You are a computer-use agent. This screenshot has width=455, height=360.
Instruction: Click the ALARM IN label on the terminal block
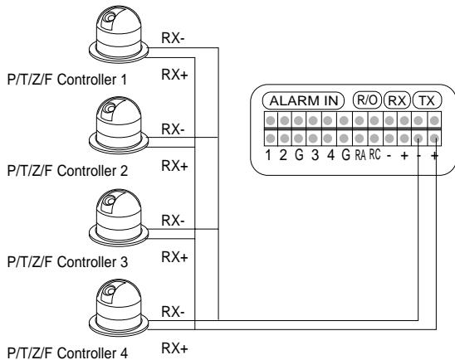click(303, 101)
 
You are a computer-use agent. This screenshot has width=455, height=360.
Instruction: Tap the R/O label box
click(367, 100)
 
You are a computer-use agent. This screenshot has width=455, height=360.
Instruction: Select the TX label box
click(427, 101)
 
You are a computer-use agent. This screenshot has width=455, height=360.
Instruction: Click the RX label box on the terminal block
click(397, 101)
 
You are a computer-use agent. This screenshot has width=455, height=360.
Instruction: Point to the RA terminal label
click(360, 155)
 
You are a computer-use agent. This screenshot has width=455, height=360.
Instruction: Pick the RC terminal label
click(374, 155)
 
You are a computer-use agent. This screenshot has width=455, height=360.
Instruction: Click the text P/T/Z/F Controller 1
click(67, 80)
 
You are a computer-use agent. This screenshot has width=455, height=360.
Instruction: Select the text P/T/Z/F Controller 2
click(67, 171)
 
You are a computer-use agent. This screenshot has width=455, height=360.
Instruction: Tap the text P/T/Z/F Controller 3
click(67, 262)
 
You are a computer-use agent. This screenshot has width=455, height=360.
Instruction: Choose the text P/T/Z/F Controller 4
click(67, 353)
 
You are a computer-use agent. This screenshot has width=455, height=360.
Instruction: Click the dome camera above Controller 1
click(119, 34)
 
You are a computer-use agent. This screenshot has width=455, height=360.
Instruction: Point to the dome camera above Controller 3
click(119, 217)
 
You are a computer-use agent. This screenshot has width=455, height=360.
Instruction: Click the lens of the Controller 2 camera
click(110, 109)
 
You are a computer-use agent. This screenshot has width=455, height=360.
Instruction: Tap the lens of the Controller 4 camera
click(110, 290)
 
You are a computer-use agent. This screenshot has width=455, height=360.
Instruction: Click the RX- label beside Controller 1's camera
click(173, 38)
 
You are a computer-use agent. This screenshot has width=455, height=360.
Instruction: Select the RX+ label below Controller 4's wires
click(174, 348)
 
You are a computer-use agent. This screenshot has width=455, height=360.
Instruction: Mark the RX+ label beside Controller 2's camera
click(174, 166)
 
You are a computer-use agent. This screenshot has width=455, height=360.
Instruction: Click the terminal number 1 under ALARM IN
click(268, 155)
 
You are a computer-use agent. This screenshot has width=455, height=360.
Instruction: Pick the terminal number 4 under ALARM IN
click(330, 155)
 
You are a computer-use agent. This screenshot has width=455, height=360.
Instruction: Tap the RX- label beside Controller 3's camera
click(173, 221)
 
